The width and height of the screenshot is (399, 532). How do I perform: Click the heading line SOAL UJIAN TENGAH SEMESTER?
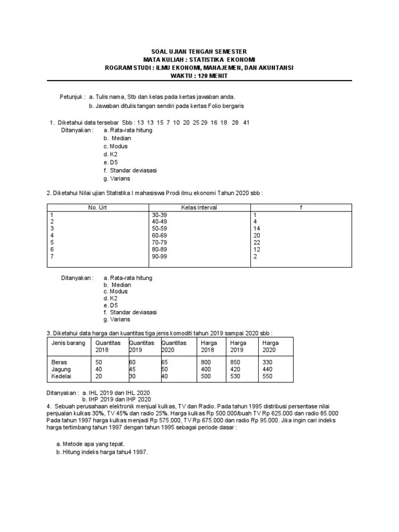pyautogui.click(x=199, y=52)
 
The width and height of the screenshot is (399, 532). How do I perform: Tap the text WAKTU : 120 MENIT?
pyautogui.click(x=199, y=76)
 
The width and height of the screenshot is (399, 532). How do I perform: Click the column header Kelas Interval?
pyautogui.click(x=199, y=207)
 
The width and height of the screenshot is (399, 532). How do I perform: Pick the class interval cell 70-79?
pyautogui.click(x=159, y=242)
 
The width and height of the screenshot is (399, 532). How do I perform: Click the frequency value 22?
pyautogui.click(x=257, y=242)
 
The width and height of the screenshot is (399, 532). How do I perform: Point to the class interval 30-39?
pyautogui.click(x=159, y=215)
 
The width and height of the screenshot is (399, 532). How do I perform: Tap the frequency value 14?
pyautogui.click(x=257, y=228)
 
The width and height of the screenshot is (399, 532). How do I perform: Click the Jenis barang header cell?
pyautogui.click(x=68, y=343)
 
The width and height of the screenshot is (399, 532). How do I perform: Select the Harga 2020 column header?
pyautogui.click(x=271, y=346)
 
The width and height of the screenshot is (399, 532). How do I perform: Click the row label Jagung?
pyautogui.click(x=61, y=368)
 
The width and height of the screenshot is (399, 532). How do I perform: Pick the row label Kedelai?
pyautogui.click(x=61, y=376)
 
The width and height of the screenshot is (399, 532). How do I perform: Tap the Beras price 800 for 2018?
pyautogui.click(x=206, y=362)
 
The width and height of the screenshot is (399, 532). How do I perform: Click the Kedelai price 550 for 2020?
pyautogui.click(x=268, y=376)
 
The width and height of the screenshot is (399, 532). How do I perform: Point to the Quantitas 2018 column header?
pyautogui.click(x=108, y=346)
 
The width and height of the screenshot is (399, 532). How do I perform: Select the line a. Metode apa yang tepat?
pyautogui.click(x=90, y=444)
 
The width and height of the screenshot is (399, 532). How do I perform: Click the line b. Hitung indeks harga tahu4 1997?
pyautogui.click(x=102, y=452)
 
